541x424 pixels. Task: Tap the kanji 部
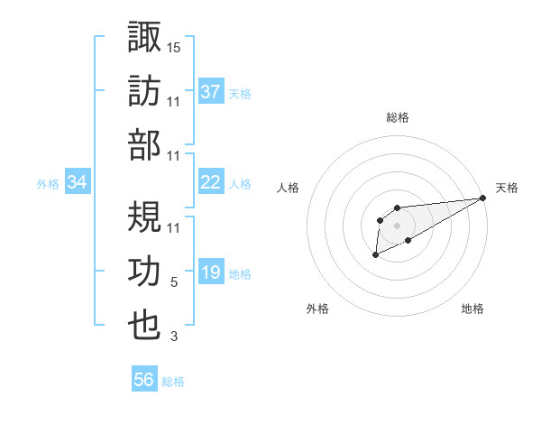point(145,145)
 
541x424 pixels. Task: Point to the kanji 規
point(145,217)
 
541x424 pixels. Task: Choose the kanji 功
point(145,272)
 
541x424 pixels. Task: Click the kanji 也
point(145,327)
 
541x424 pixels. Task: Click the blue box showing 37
point(211,91)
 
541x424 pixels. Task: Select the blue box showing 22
point(211,182)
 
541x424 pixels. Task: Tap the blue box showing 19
point(211,273)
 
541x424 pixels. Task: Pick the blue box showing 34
point(78,183)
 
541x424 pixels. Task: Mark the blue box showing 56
point(144,380)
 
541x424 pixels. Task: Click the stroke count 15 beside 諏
point(174,46)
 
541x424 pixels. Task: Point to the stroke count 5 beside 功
point(174,282)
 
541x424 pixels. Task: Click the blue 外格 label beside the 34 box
point(48,184)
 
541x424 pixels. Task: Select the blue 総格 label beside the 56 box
point(173,381)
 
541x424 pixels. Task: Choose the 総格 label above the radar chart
point(397,117)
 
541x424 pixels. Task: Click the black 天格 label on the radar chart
point(507,188)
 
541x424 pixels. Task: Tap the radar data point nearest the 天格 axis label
point(483,198)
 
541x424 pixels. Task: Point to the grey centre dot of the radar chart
point(397,225)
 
